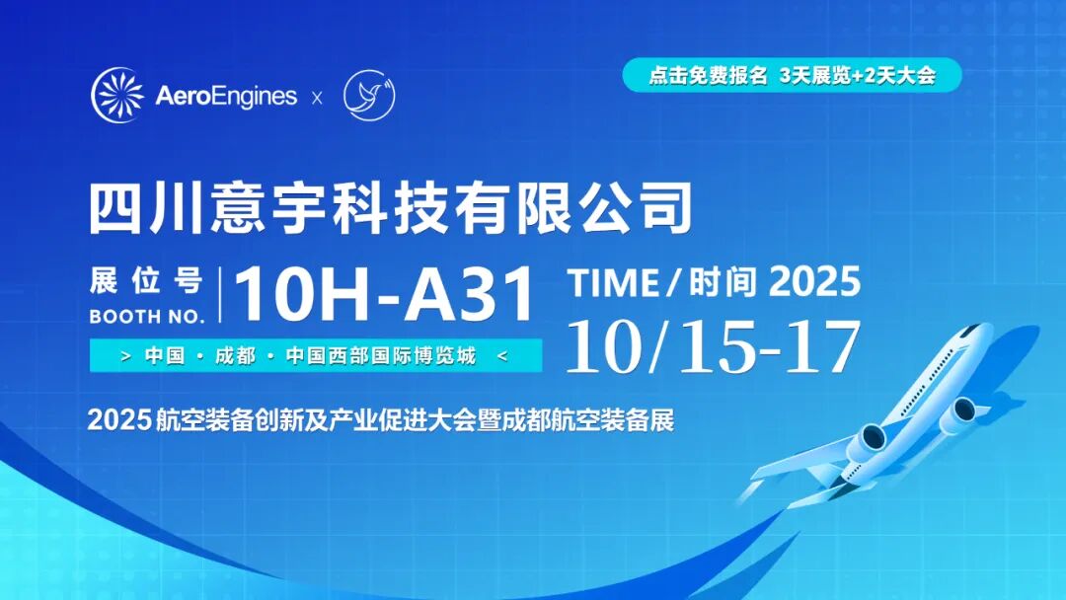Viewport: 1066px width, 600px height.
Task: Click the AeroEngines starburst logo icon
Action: [117, 95]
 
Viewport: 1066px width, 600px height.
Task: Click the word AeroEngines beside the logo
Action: [226, 96]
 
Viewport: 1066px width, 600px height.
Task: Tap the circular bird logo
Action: [369, 96]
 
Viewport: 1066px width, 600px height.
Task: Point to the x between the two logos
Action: [317, 99]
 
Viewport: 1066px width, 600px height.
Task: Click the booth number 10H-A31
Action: [384, 294]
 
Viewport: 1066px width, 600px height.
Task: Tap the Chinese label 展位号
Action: [146, 281]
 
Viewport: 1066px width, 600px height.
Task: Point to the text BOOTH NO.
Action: [147, 317]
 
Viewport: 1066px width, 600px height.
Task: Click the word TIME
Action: [613, 282]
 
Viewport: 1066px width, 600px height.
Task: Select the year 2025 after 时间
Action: [815, 280]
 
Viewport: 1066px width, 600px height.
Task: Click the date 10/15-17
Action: [713, 346]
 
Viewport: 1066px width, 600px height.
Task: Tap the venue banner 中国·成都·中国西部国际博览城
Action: [316, 355]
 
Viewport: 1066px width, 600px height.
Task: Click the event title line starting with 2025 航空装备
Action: [381, 420]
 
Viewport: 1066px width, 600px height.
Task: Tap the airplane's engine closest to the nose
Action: [961, 412]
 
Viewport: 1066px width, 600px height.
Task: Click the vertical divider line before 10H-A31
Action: [219, 295]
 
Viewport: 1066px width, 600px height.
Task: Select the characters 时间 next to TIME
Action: [723, 282]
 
